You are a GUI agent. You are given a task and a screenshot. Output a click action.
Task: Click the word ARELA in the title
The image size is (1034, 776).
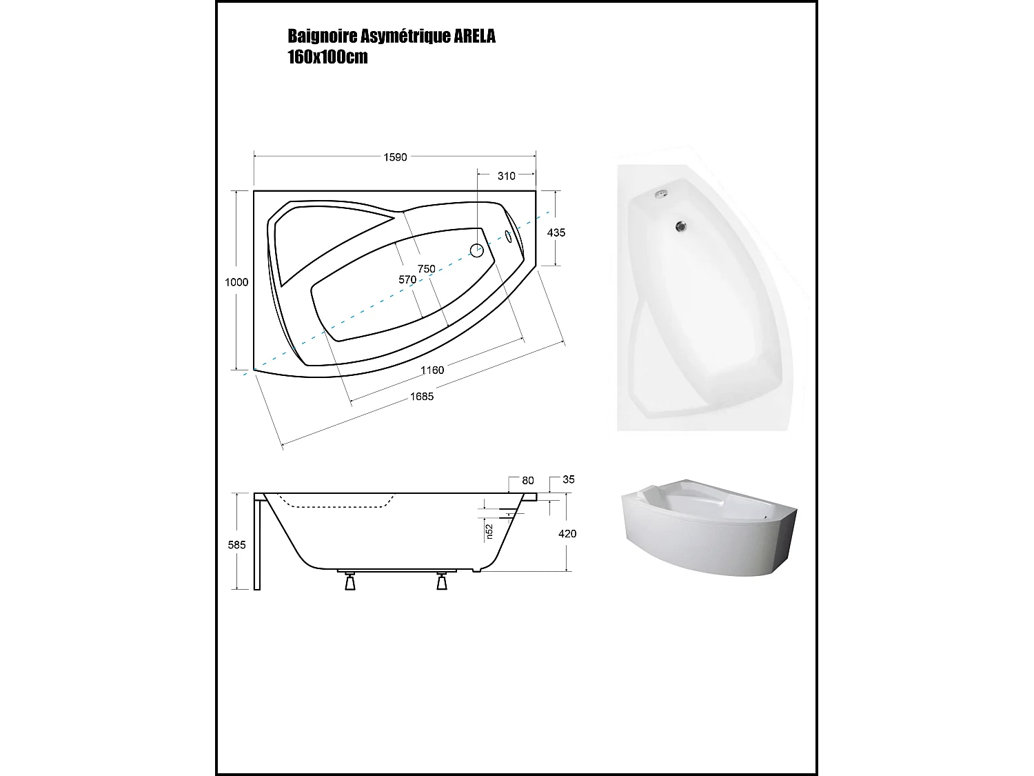click(474, 37)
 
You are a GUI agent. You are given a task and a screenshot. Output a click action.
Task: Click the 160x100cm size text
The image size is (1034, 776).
click(327, 57)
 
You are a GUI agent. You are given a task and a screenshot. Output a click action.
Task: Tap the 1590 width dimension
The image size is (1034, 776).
click(395, 157)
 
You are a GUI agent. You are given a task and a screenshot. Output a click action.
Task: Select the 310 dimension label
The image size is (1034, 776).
click(507, 176)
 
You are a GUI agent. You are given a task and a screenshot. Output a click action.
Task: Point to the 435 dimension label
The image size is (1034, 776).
click(556, 232)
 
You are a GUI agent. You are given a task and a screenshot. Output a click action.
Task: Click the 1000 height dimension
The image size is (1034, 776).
click(236, 282)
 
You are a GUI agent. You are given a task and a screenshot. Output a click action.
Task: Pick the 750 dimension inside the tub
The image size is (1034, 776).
click(426, 268)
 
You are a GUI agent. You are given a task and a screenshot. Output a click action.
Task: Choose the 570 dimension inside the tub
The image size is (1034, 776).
click(407, 279)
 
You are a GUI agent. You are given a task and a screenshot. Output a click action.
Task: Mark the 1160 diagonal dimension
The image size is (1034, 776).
click(432, 370)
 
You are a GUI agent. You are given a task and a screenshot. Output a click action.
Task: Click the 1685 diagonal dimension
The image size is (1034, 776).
click(422, 396)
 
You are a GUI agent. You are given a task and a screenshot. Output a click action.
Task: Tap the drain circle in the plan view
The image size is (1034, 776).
click(477, 250)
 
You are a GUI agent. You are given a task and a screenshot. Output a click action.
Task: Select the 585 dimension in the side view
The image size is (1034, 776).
click(236, 545)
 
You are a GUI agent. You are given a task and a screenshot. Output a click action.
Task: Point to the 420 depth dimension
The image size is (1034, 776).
click(567, 534)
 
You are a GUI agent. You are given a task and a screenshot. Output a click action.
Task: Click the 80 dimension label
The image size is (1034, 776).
click(528, 480)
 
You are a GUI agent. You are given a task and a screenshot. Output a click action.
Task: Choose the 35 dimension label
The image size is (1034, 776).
click(568, 479)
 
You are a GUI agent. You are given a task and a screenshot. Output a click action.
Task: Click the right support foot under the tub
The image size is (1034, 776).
click(442, 582)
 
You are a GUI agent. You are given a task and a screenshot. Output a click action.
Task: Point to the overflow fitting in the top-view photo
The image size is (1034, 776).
click(660, 195)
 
